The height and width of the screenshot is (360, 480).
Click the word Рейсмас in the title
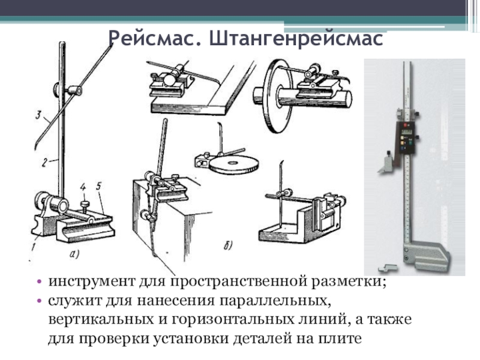[x=155, y=38]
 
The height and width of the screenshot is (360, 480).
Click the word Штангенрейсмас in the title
[x=296, y=38]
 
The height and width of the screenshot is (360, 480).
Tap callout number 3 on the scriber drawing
[x=38, y=115]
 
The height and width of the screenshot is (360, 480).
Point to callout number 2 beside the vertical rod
[x=44, y=163]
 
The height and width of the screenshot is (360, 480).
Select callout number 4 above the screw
[x=83, y=187]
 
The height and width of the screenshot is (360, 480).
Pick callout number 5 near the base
[x=98, y=186]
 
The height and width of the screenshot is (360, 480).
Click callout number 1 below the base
[x=34, y=247]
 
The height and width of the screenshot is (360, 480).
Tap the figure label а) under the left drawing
[x=74, y=253]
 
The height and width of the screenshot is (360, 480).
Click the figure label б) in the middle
[x=228, y=245]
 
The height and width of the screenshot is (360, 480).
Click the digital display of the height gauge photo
[x=407, y=132]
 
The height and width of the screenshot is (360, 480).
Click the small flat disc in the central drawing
[x=234, y=166]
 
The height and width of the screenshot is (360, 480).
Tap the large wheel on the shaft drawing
[x=274, y=96]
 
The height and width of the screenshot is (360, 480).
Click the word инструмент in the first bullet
[x=92, y=281]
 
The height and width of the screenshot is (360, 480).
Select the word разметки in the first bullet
[x=349, y=281]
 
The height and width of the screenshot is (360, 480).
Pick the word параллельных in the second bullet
[x=275, y=301]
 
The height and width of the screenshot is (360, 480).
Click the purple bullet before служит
[x=39, y=301]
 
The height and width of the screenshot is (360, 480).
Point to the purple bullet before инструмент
[x=39, y=281]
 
